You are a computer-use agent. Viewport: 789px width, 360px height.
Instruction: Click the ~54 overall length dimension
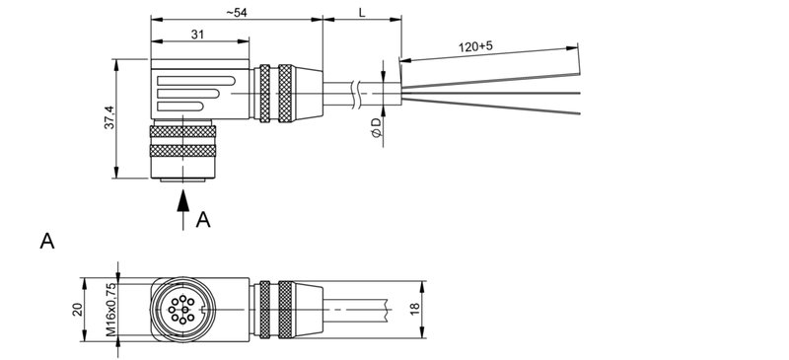pyautogui.click(x=236, y=11)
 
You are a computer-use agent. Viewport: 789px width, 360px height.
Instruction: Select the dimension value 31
pyautogui.click(x=198, y=34)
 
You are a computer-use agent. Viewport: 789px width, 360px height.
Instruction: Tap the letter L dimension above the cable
pyautogui.click(x=362, y=11)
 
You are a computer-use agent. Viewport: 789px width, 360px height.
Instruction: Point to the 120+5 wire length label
pyautogui.click(x=477, y=46)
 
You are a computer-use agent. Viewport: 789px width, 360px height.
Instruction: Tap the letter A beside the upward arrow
pyautogui.click(x=203, y=219)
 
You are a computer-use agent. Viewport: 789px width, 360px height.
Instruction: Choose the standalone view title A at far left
pyautogui.click(x=46, y=241)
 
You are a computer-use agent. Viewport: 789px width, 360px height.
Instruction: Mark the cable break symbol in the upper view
pyautogui.click(x=354, y=93)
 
